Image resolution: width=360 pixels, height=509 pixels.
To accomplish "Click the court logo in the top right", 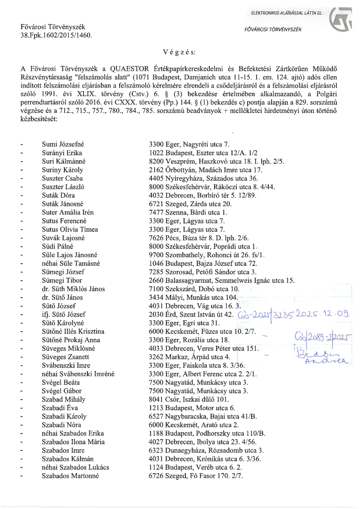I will (x=341, y=20).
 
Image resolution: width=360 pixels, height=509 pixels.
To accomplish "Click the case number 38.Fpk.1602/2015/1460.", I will (x=57, y=34).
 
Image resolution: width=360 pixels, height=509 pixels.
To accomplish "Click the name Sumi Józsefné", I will (x=63, y=145).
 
